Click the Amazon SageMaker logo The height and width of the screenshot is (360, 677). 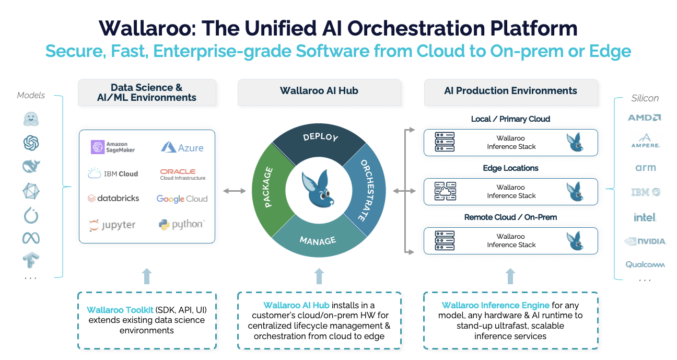click(x=113, y=147)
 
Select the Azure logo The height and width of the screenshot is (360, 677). click(x=182, y=147)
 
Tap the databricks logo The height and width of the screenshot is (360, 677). click(x=113, y=199)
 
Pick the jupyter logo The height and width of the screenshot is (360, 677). click(x=112, y=225)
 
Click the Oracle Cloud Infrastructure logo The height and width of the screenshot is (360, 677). click(x=182, y=174)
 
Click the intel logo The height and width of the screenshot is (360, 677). click(x=645, y=217)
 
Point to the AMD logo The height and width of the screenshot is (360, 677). click(x=644, y=118)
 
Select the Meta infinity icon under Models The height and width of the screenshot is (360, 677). click(x=31, y=238)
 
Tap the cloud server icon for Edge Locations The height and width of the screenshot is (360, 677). click(x=445, y=192)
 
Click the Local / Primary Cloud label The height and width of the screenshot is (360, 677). click(x=510, y=119)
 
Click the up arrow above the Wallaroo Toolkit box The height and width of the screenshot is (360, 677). click(x=147, y=276)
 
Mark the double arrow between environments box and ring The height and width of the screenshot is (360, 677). click(x=235, y=191)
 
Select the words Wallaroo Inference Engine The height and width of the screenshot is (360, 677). click(x=495, y=305)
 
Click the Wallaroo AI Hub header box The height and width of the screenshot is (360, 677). click(x=319, y=91)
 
